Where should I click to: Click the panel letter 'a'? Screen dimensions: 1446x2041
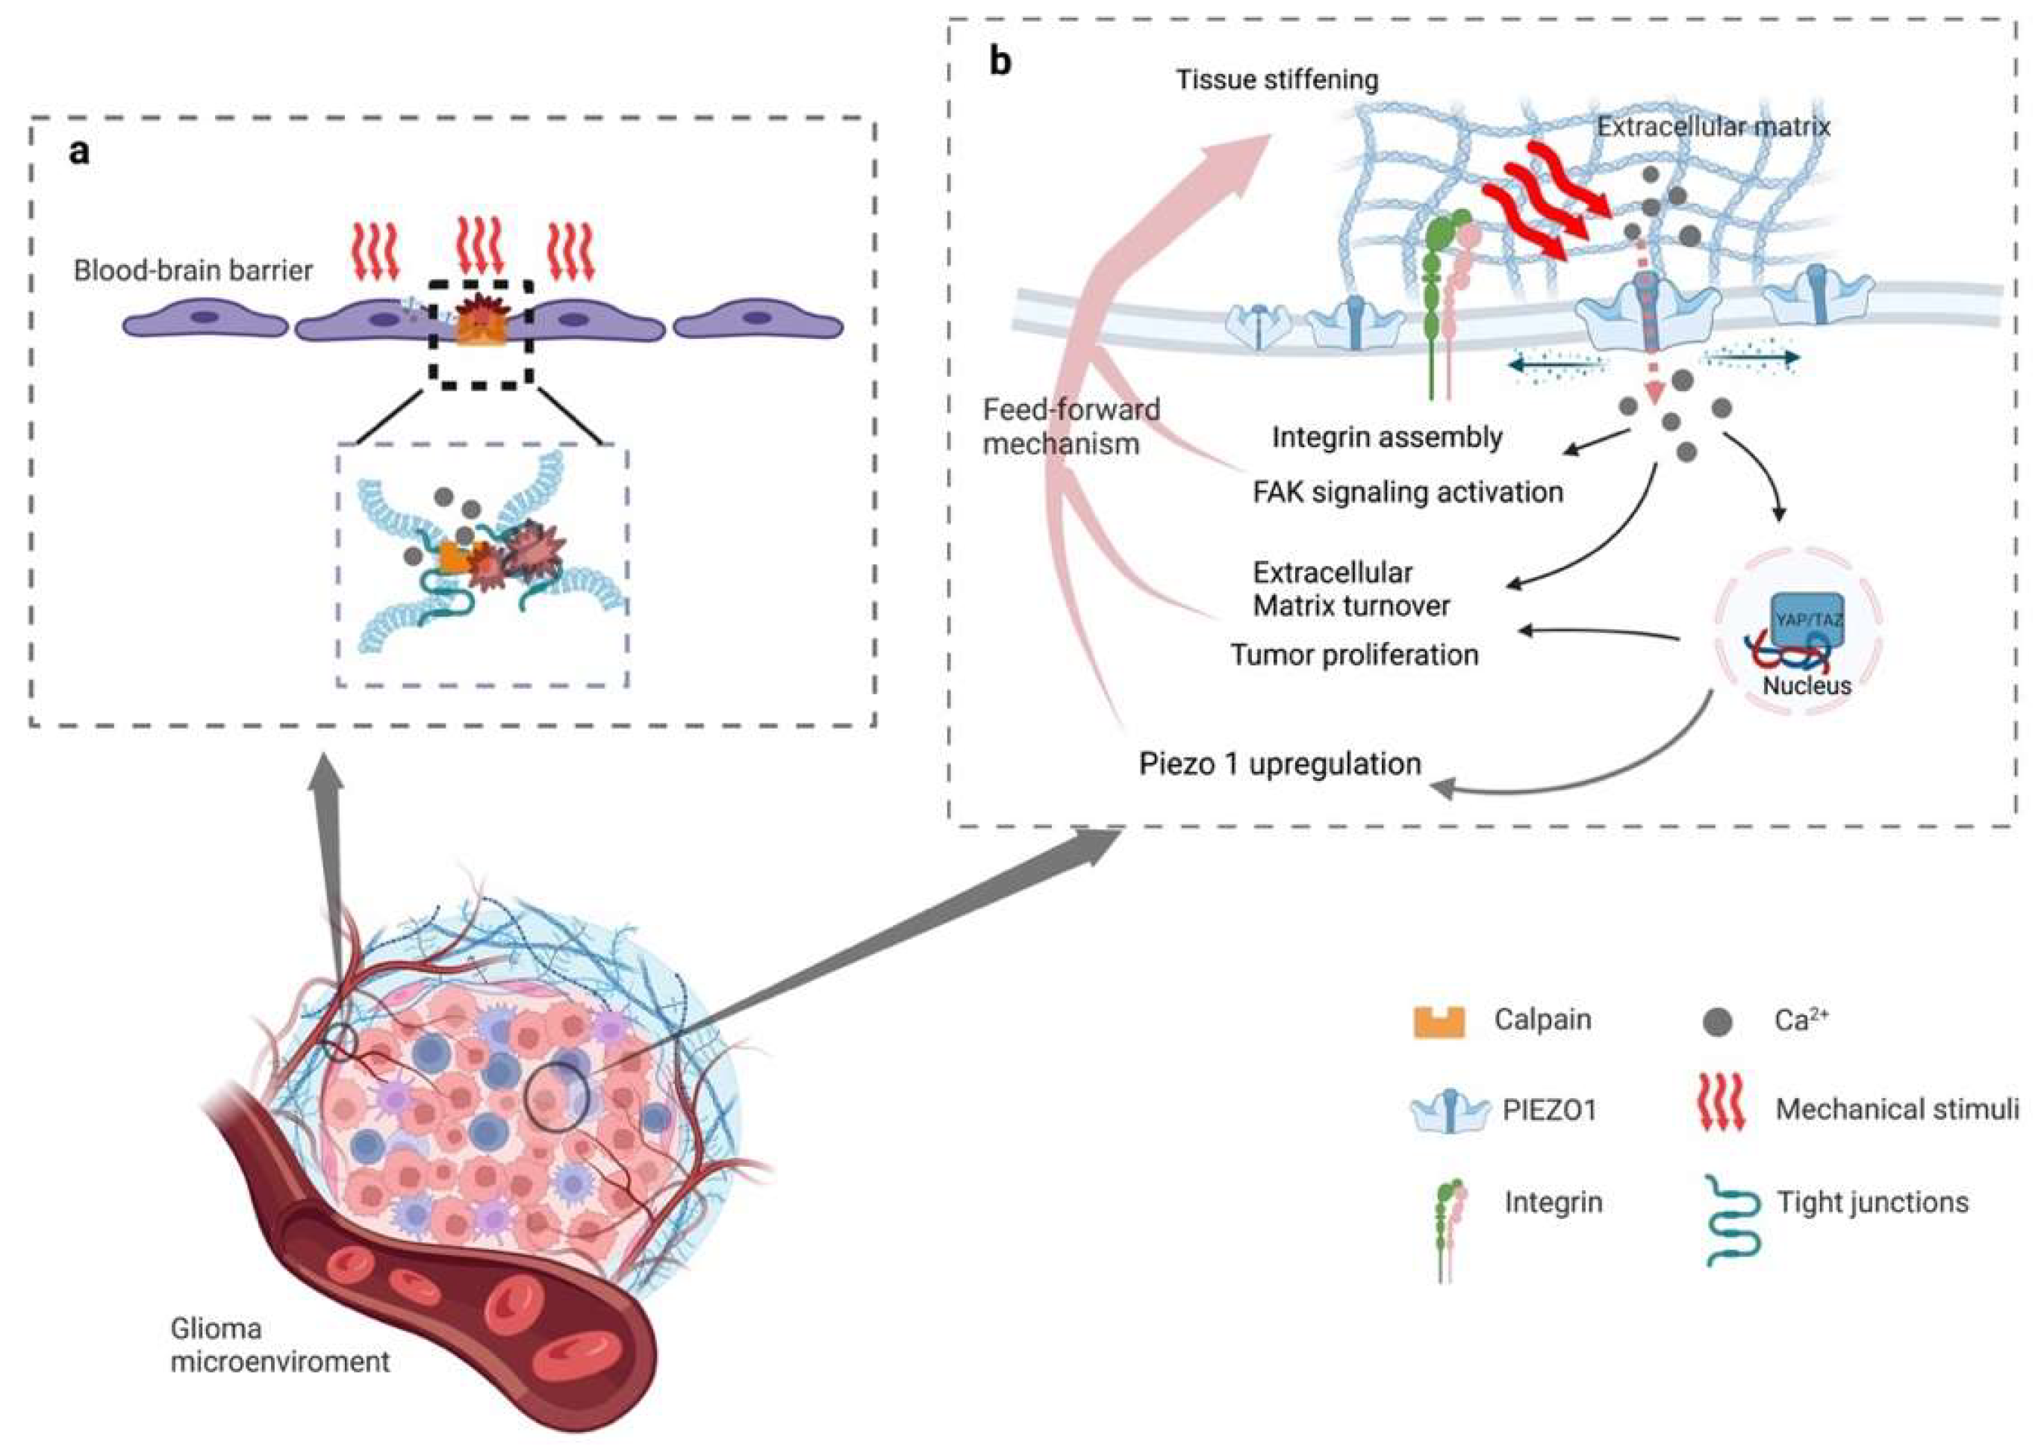tap(79, 152)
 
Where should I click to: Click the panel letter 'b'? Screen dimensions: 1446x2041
tap(1001, 61)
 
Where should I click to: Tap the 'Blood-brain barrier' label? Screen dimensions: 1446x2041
tap(193, 269)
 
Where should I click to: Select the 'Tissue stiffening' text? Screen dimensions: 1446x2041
tap(1277, 79)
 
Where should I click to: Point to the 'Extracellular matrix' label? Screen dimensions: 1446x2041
tap(1713, 126)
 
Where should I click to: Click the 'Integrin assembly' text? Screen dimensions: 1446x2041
tap(1386, 437)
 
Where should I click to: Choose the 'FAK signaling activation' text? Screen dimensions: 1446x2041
tap(1408, 493)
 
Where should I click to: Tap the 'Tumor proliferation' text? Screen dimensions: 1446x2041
tap(1354, 655)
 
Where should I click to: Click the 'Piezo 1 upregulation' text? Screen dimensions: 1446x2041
tap(1280, 764)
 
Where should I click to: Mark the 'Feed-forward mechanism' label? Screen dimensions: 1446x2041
tap(1071, 426)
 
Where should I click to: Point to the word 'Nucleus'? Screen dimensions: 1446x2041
tap(1807, 685)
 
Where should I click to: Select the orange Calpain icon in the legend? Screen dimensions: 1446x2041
tap(1439, 1022)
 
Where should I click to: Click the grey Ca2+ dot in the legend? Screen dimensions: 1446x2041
tap(1717, 1022)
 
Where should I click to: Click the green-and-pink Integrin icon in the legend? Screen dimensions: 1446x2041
tap(1449, 1229)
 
